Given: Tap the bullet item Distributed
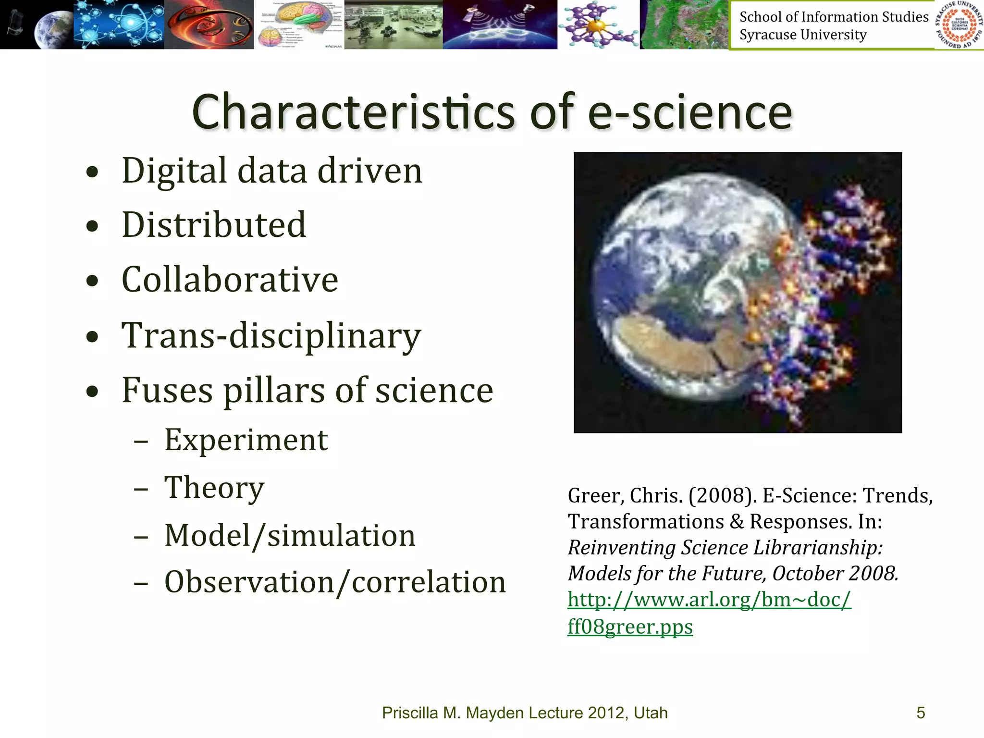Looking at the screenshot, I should (214, 225).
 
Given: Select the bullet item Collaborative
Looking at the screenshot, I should (230, 280).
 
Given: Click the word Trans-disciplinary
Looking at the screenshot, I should (271, 335).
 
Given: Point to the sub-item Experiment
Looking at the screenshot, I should (246, 440).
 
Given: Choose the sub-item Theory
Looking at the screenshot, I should (214, 487).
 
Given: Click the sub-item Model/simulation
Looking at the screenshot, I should (290, 535).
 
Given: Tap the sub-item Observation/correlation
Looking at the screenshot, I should (335, 582).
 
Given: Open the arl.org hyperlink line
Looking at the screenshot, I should (709, 600).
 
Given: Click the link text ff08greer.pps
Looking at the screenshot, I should (630, 627).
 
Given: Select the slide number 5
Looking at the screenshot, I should (921, 713).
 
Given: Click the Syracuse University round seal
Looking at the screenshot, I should (959, 25).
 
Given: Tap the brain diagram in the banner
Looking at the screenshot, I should (299, 24).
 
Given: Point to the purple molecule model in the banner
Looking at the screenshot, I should (598, 24).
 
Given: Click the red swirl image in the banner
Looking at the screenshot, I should (209, 24).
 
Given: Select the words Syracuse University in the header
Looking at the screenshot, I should (803, 35).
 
